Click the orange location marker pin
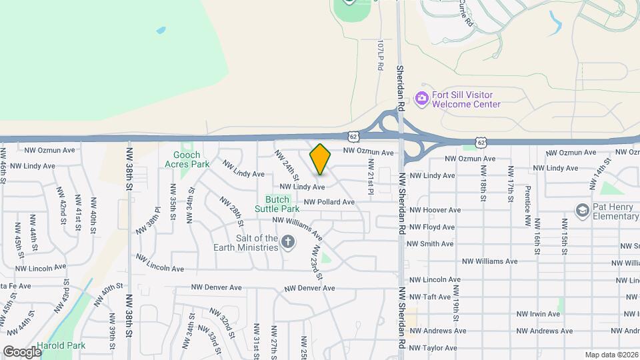321,159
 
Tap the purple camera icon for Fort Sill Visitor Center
421,99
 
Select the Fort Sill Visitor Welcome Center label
466,99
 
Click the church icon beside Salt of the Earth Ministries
288,242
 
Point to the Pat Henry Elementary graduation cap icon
582,211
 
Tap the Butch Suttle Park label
277,204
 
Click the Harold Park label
61,346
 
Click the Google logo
21,351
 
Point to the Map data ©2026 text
611,355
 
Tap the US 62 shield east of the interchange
480,142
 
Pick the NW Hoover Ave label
435,210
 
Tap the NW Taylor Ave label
433,348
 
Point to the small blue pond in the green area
161,31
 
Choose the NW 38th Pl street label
149,220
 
